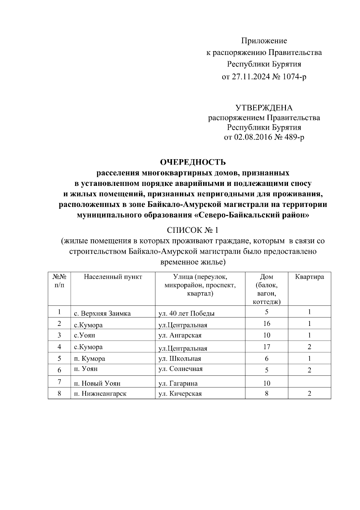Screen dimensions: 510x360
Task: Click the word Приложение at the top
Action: coord(264,41)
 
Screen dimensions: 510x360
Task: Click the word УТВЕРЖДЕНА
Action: coord(264,108)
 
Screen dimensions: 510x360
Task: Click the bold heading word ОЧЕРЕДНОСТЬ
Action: coord(193,162)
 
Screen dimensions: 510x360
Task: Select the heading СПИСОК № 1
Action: coord(193,230)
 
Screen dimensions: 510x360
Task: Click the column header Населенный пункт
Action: coord(113,277)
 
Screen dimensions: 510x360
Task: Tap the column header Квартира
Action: coord(309,277)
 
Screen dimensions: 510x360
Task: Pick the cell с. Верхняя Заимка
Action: coord(102,314)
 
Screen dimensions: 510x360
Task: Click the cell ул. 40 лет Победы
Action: coord(186,314)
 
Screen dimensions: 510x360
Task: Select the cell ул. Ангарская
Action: coord(180,335)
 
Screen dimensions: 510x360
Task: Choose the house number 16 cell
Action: coord(266,323)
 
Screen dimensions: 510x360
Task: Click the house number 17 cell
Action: coord(266,347)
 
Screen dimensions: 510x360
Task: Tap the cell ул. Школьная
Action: coord(180,359)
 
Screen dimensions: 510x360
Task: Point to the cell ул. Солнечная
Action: coord(181,369)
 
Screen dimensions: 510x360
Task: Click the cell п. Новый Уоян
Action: coord(97,383)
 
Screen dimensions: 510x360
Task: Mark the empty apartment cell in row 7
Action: coord(309,382)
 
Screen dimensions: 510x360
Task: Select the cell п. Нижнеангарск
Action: coord(100,393)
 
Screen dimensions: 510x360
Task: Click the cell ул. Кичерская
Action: coord(180,393)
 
